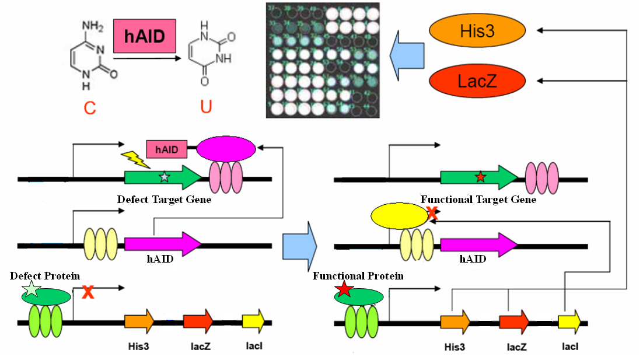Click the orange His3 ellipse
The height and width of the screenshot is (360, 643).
(x=470, y=30)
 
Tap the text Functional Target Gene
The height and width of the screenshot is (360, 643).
(x=478, y=200)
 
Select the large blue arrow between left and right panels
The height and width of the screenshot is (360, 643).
(x=298, y=246)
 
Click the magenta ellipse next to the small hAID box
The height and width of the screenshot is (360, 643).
(x=226, y=150)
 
